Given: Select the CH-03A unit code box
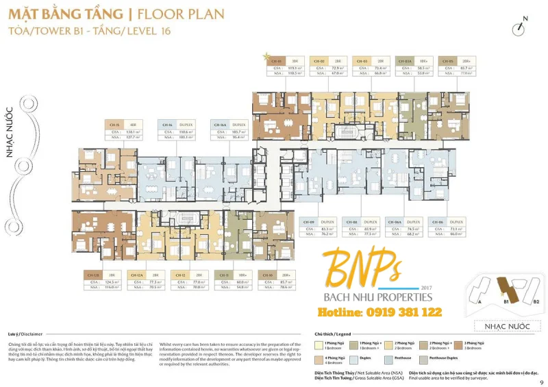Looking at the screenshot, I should [406, 61].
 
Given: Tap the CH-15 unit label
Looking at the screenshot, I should [114, 125].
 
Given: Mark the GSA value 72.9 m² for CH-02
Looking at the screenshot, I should [338, 68].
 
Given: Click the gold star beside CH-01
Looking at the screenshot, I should [266, 54].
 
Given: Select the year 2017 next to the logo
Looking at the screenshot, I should [427, 288].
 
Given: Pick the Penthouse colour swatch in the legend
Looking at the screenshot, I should [390, 358].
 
